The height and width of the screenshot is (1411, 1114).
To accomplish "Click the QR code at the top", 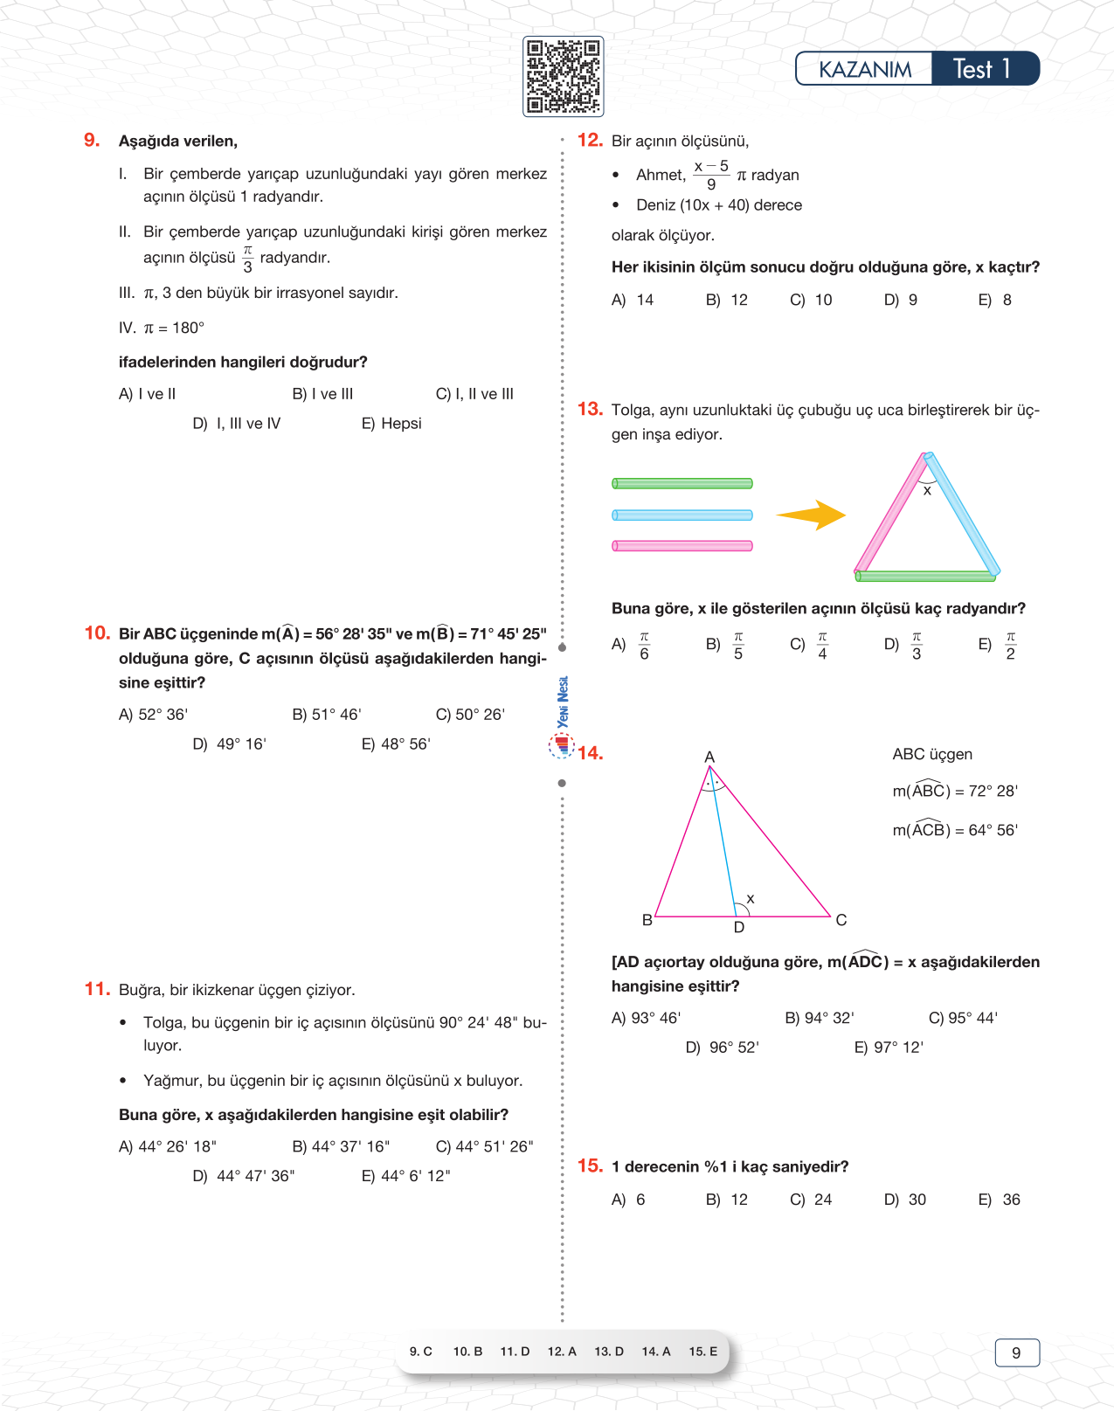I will coord(563,77).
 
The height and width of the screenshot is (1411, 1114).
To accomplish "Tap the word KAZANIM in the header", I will coord(864,69).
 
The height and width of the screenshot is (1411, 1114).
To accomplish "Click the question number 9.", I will coord(92,141).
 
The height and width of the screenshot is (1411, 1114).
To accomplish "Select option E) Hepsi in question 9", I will coord(391,424).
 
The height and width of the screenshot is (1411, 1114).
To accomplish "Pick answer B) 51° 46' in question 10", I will coord(327,715).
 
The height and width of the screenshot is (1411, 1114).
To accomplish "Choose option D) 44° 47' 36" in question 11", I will coord(244,1176).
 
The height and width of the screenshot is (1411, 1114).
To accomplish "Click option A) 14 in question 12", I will coord(633,301).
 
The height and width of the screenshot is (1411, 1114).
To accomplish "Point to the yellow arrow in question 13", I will coord(812,515).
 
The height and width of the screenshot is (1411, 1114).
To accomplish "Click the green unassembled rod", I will coord(682,483).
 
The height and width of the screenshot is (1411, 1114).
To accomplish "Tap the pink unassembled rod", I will coord(682,546).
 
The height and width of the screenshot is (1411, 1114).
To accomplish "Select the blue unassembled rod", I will coord(682,515).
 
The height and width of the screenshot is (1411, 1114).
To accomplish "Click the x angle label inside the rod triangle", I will coord(927,491).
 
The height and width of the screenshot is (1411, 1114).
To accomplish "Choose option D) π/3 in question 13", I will coord(905,646).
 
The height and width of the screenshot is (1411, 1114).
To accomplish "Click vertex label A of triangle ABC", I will coord(709,757).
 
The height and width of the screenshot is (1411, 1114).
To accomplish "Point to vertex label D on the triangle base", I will coord(739,928).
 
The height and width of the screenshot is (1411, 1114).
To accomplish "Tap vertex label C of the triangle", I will coord(841,920).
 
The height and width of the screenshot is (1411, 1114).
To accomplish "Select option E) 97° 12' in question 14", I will coord(889,1048).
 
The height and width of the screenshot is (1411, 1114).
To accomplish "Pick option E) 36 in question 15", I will coord(1000,1200).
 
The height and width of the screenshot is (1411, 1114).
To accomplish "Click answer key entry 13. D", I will coord(609,1352).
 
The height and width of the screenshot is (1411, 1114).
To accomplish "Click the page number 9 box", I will coord(1017,1352).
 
